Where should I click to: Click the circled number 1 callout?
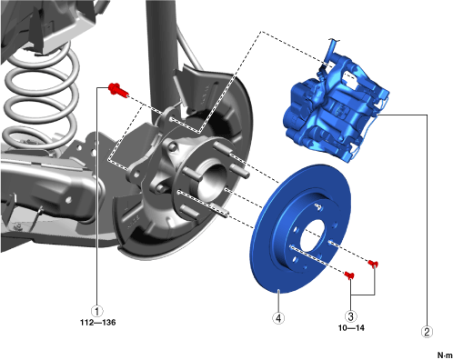tap(97, 311)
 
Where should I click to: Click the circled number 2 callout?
tap(427, 332)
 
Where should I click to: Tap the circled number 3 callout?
tap(350, 316)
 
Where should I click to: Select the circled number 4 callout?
tap(278, 318)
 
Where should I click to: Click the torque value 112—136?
tap(98, 323)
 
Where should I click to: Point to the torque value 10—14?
tap(351, 328)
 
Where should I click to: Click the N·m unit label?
tap(445, 355)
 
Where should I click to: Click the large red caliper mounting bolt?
tap(118, 90)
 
